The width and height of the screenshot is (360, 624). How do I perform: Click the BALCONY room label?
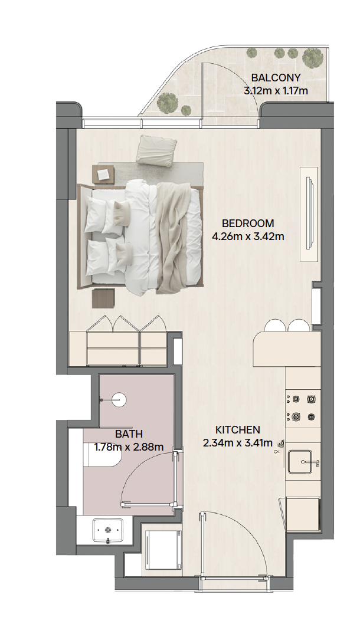pos(276,78)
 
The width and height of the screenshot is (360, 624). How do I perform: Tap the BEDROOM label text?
pos(248,223)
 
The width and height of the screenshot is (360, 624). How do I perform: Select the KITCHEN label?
pos(238,430)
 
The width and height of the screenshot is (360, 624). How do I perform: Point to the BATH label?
pos(129,433)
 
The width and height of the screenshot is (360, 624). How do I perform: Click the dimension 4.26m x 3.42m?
pos(248,237)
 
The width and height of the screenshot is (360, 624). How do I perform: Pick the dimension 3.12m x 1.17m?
pos(276,91)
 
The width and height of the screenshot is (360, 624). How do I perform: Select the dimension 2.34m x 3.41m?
pos(238,443)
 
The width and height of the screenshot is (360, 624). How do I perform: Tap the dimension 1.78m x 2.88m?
pos(129,447)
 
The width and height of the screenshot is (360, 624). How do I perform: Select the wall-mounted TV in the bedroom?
pos(309,214)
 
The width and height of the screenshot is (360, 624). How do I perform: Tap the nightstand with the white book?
pos(103,175)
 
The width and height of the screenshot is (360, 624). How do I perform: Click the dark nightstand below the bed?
pos(103,298)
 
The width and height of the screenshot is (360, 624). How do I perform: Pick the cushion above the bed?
pos(156,150)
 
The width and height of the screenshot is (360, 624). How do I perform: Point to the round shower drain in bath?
pos(119,399)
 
